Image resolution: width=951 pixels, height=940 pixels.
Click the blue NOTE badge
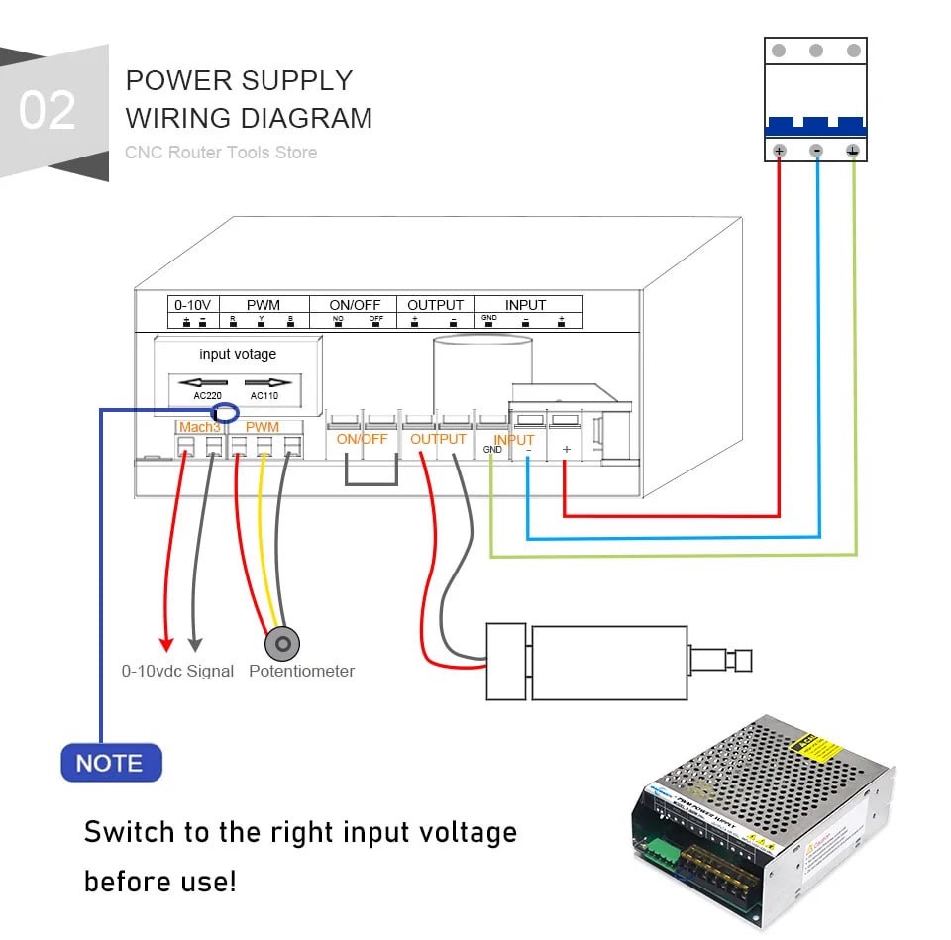pyautogui.click(x=110, y=763)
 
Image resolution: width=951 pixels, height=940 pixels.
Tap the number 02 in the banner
pyautogui.click(x=47, y=111)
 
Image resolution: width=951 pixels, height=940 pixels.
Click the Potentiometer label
pyautogui.click(x=301, y=671)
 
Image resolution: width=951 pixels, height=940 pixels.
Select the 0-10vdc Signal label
pyautogui.click(x=177, y=671)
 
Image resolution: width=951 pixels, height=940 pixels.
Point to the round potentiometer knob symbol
pyautogui.click(x=283, y=644)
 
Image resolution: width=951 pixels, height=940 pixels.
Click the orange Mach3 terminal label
pyautogui.click(x=199, y=427)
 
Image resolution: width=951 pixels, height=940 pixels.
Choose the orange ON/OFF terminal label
pyautogui.click(x=362, y=439)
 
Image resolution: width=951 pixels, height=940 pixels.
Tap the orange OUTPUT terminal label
pyautogui.click(x=438, y=439)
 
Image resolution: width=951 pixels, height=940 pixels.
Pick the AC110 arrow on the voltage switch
pyautogui.click(x=268, y=382)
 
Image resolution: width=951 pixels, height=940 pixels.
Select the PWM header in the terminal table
pyautogui.click(x=264, y=305)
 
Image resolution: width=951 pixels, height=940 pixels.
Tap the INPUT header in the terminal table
pyautogui.click(x=525, y=305)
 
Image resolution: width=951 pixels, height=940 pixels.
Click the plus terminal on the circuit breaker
pyautogui.click(x=779, y=151)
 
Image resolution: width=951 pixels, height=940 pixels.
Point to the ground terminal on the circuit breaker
pyautogui.click(x=853, y=151)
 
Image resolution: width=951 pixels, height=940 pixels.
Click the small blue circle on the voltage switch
pyautogui.click(x=226, y=413)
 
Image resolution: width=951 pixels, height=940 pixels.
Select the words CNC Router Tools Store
pyautogui.click(x=221, y=153)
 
